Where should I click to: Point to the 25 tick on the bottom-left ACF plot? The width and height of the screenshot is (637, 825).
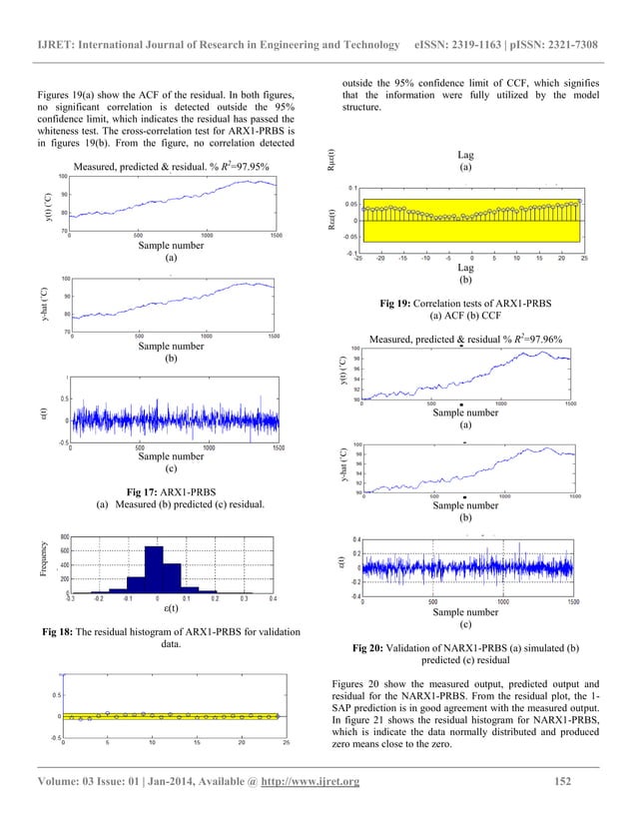[287, 743]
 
